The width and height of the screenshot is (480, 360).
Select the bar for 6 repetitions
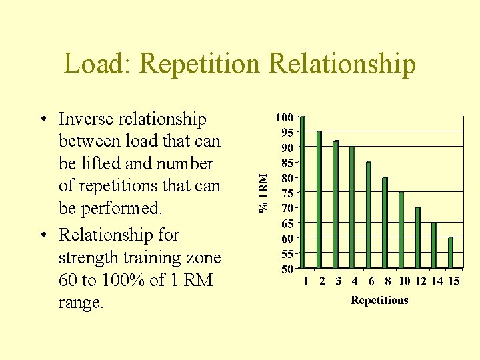point(369,215)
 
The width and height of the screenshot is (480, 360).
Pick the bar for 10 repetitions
point(401,230)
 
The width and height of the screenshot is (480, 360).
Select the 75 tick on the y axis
point(286,193)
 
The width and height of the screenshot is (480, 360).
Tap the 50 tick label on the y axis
point(286,269)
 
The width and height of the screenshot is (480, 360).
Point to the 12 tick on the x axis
point(421,281)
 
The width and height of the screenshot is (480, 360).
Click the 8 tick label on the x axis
point(388,281)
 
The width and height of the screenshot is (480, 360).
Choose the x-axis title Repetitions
point(379,300)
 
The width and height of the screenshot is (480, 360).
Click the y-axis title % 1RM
point(264,193)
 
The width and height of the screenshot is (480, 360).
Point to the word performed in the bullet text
point(121,209)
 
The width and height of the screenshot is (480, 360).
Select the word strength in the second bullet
point(87,258)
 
